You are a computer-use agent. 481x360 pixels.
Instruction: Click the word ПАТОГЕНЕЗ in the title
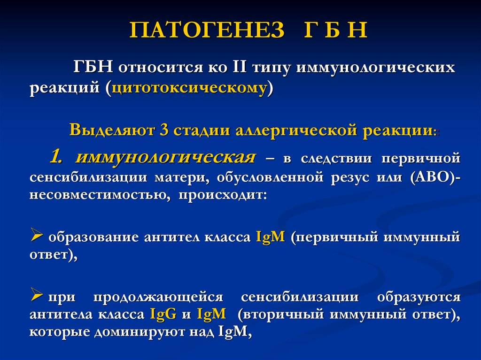pos(207,30)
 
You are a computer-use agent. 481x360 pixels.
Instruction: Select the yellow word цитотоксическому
pos(190,88)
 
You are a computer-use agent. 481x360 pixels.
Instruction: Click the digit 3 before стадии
pos(164,130)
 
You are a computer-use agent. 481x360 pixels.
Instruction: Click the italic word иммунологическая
pos(165,158)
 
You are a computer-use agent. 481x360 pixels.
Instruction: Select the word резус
pos(350,178)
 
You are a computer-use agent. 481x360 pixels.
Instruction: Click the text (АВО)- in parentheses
pos(435,177)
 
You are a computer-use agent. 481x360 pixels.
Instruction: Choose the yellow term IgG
pos(163,314)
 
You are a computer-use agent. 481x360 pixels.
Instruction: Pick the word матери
pos(182,178)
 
